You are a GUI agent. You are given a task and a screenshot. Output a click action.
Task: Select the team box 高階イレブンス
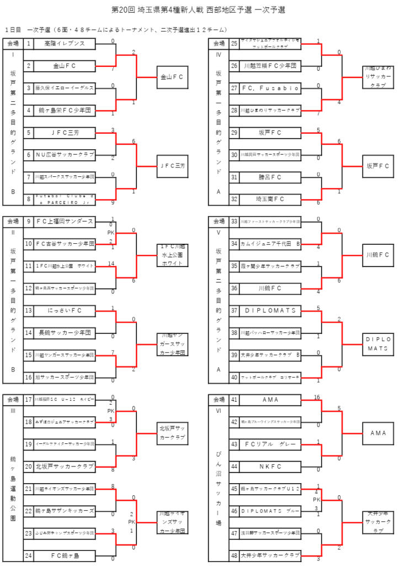point(65,43)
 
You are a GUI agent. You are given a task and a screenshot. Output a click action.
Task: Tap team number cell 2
point(28,66)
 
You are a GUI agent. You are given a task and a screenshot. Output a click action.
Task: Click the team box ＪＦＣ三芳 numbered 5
point(65,133)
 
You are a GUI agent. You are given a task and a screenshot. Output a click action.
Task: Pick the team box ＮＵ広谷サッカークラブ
point(65,155)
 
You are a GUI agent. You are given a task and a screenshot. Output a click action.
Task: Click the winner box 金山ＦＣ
point(172,77)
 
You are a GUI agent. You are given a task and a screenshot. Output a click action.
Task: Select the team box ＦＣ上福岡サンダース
point(65,221)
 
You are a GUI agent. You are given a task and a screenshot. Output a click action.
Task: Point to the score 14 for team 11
point(113,263)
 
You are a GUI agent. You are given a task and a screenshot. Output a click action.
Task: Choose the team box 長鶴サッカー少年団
point(65,333)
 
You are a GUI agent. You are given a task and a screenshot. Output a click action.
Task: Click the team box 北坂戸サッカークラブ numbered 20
point(65,467)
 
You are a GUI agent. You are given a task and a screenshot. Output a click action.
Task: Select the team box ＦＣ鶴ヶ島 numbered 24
point(65,555)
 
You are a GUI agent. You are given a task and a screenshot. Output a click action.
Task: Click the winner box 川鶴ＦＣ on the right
point(378,255)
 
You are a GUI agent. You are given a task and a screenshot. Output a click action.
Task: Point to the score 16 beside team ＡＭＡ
point(317,397)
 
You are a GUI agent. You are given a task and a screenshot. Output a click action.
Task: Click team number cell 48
point(234,555)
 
